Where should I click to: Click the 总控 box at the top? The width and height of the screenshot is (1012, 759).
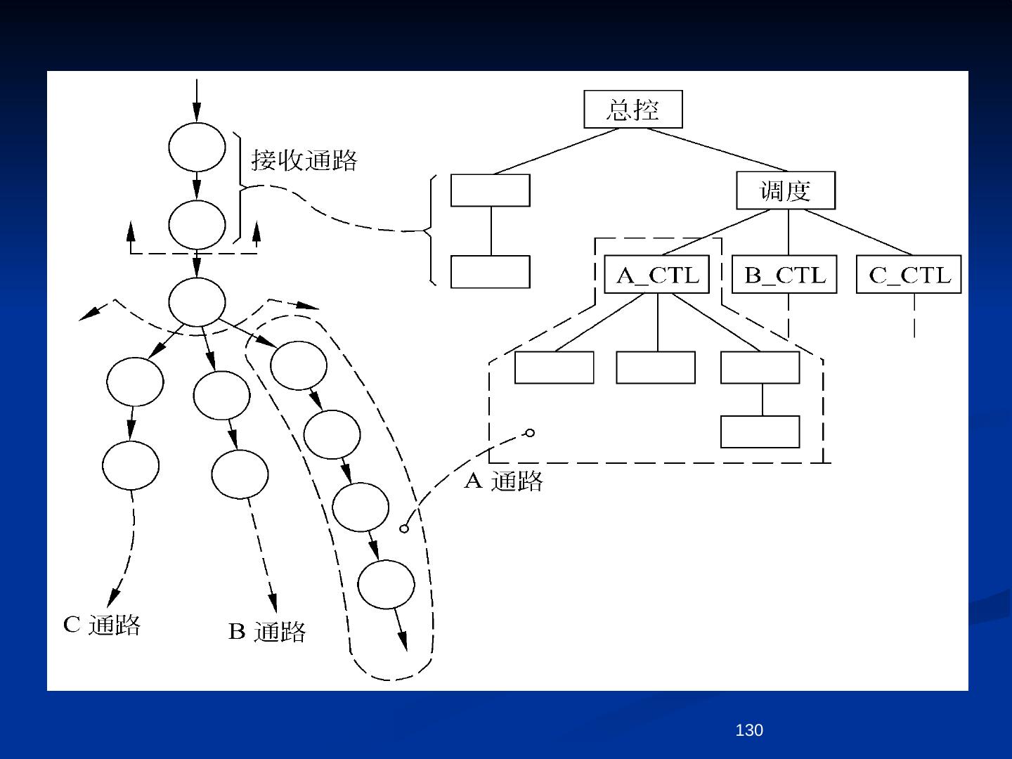coord(632,110)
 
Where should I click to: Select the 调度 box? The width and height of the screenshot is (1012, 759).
coord(785,190)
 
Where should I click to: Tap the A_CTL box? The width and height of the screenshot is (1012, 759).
coord(657,275)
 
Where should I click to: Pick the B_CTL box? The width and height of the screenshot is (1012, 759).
coord(784,275)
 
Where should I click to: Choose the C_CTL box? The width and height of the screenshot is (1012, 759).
coord(908,275)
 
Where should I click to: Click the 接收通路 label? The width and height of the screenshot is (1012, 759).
coord(304,161)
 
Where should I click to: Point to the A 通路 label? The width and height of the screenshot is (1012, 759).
coord(503,481)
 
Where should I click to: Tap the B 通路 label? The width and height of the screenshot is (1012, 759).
coord(267,631)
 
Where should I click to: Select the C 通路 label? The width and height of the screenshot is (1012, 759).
coord(102,625)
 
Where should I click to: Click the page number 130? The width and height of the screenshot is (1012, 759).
coord(748,731)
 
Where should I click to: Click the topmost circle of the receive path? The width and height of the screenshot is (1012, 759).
coord(197,147)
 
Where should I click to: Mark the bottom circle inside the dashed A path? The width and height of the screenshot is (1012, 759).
coord(386,585)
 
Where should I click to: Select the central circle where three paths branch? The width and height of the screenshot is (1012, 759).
coord(197,302)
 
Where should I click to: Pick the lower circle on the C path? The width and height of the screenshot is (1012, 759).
coord(131,465)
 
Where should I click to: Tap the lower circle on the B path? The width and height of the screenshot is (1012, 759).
coord(240,474)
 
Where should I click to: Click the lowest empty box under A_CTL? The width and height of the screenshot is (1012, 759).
coord(760,432)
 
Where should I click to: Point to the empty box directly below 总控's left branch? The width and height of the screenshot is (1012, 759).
coord(490,190)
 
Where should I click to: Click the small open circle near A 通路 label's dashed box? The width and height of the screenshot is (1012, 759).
coord(530,433)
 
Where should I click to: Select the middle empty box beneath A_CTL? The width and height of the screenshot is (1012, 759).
coord(655,368)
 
